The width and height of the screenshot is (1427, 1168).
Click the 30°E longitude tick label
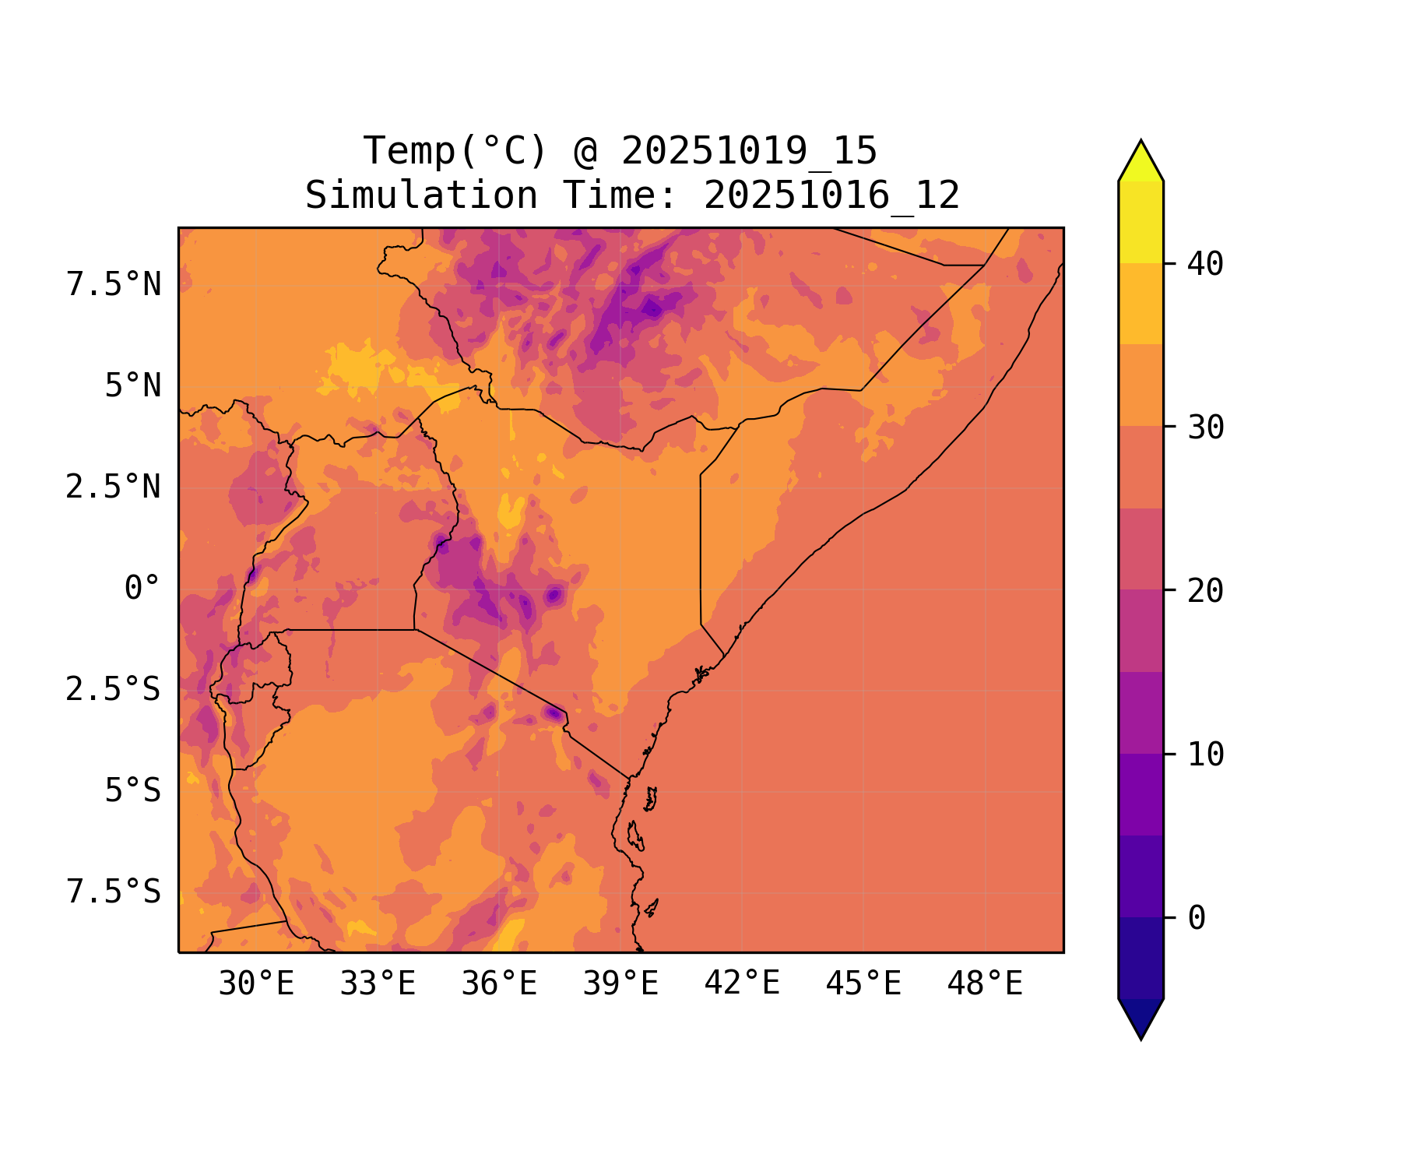256,984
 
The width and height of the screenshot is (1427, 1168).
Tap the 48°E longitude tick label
985,984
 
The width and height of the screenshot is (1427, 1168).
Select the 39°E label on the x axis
620,984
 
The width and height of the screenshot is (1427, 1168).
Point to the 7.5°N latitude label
114,284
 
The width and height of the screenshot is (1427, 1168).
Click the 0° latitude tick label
142,588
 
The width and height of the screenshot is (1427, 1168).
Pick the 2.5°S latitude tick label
114,689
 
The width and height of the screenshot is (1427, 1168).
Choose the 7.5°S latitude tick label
114,892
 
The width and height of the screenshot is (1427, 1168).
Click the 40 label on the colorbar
1206,264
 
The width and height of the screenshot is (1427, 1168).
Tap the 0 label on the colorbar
1197,918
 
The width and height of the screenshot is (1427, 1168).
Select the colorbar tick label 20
1206,591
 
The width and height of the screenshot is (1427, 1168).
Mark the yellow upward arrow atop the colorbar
1141,161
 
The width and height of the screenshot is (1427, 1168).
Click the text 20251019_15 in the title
749,151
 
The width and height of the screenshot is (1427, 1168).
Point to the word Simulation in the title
421,195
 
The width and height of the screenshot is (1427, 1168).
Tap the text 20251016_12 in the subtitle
831,195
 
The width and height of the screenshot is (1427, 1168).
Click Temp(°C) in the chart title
455,151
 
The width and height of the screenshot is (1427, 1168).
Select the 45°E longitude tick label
863,984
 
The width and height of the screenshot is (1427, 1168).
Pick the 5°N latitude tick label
133,385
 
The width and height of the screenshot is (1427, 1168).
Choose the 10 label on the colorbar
1206,755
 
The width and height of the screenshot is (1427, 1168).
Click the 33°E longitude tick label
378,984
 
